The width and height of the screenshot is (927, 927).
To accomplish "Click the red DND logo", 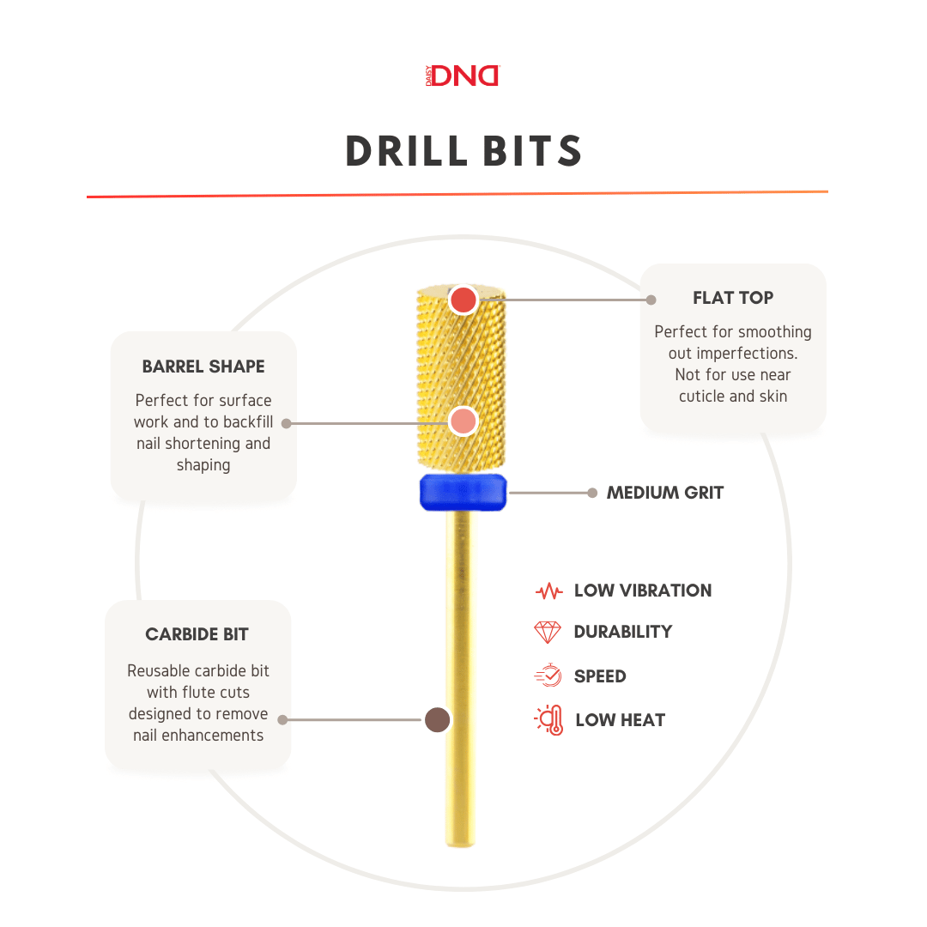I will (x=464, y=76).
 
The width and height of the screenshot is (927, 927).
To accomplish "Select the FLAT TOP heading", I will (x=733, y=298).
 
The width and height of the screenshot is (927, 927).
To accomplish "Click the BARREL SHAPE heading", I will (x=203, y=367).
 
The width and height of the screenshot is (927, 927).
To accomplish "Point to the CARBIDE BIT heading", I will (x=197, y=635).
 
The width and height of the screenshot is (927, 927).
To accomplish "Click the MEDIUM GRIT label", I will (x=665, y=493).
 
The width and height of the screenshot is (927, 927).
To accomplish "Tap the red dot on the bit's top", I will (x=463, y=300).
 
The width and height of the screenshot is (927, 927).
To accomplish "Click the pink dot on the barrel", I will (x=463, y=421).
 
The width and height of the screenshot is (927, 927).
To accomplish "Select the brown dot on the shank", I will (x=438, y=720).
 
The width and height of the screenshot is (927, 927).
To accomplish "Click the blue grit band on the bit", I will (x=463, y=492).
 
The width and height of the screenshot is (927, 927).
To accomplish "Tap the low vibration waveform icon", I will (x=548, y=591).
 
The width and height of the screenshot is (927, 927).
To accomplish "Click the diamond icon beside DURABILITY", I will (x=548, y=633).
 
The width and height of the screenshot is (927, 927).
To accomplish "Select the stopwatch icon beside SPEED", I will (x=548, y=676).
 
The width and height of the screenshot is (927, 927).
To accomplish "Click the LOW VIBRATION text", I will (x=643, y=591).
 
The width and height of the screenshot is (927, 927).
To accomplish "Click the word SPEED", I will (x=600, y=676).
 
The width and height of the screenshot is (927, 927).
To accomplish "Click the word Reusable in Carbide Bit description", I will (x=159, y=671).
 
